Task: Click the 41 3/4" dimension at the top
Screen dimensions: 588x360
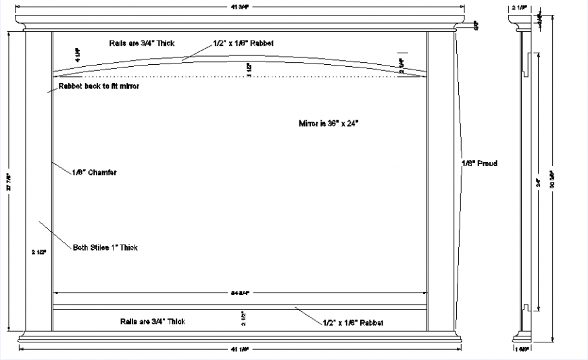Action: (240, 7)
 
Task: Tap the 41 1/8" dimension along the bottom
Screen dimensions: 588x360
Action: (240, 349)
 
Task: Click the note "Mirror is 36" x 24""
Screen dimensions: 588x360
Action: (328, 124)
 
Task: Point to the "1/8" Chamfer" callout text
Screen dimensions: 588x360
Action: (94, 172)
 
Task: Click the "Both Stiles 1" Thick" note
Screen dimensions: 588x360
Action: (105, 248)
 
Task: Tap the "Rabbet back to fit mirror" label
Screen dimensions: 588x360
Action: (99, 87)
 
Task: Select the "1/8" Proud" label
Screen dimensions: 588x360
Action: (479, 163)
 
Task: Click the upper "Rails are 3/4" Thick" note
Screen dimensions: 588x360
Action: (142, 43)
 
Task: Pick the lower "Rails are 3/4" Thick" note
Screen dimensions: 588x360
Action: (153, 322)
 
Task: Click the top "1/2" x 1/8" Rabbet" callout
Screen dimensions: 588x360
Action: (243, 43)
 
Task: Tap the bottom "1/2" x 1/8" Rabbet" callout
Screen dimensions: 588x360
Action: (353, 323)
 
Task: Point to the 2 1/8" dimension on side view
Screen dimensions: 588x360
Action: (520, 8)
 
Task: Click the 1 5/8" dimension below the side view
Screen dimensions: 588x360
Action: (521, 350)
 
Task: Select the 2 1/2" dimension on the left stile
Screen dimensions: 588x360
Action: (39, 252)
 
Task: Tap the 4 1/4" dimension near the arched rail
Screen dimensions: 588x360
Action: (77, 53)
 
